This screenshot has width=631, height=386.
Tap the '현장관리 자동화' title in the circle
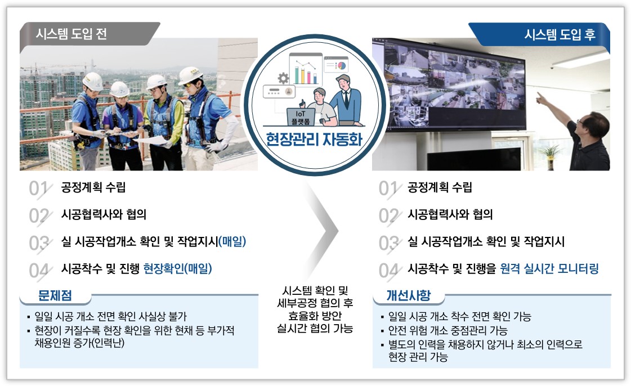(x=314, y=140)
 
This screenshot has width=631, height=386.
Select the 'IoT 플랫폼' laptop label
(x=301, y=118)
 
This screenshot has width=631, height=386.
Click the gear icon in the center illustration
(x=283, y=78)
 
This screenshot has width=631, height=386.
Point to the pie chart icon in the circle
(x=341, y=65)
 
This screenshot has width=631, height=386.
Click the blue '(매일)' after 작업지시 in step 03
(x=232, y=241)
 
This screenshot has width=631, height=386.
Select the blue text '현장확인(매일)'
(x=177, y=268)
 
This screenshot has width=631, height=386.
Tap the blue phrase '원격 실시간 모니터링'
(x=549, y=268)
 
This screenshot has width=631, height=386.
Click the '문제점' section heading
(x=55, y=295)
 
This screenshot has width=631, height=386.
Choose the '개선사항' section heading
(x=409, y=295)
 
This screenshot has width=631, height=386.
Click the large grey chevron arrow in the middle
(x=324, y=231)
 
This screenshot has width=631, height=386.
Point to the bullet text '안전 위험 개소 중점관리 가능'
(x=448, y=330)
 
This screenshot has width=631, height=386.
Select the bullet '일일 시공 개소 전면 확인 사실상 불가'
(x=111, y=316)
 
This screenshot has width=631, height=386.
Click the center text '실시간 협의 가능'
(x=315, y=329)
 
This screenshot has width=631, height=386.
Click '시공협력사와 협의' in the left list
(x=104, y=214)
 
